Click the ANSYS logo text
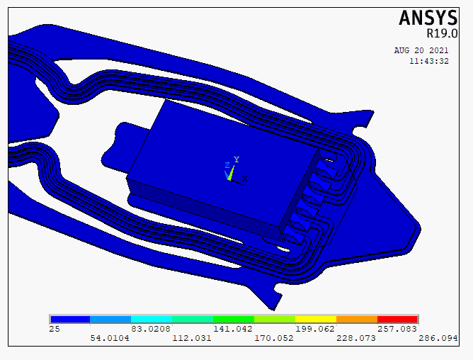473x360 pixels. pos(428,18)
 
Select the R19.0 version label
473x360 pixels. pos(442,33)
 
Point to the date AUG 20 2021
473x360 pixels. pos(421,50)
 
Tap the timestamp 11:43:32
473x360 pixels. pos(429,61)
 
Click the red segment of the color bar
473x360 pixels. pos(397,319)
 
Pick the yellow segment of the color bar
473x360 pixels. pos(316,319)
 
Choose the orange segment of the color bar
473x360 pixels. pos(357,319)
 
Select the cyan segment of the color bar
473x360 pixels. pos(152,319)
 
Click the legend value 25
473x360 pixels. pos(55,329)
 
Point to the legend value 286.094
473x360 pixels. pos(438,338)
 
